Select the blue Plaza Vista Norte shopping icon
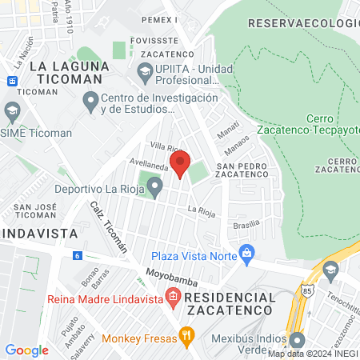click(x=246, y=254)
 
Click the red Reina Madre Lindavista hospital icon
click(x=172, y=298)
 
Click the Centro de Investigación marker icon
click(x=90, y=102)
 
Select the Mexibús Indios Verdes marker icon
click(x=298, y=338)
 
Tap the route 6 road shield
click(x=77, y=255)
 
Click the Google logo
click(x=27, y=350)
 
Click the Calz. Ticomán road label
click(x=109, y=227)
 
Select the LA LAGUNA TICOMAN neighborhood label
click(x=66, y=73)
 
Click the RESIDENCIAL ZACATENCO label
click(x=230, y=303)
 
